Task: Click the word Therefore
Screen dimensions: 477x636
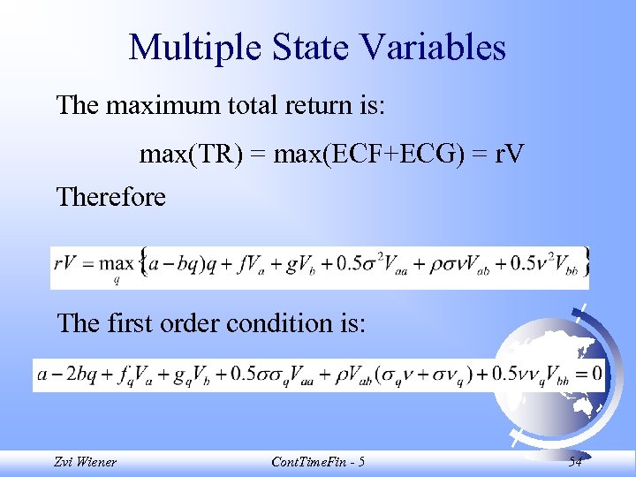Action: [110, 197]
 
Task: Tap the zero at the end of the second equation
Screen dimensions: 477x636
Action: [597, 374]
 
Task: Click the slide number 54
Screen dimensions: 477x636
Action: [575, 461]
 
